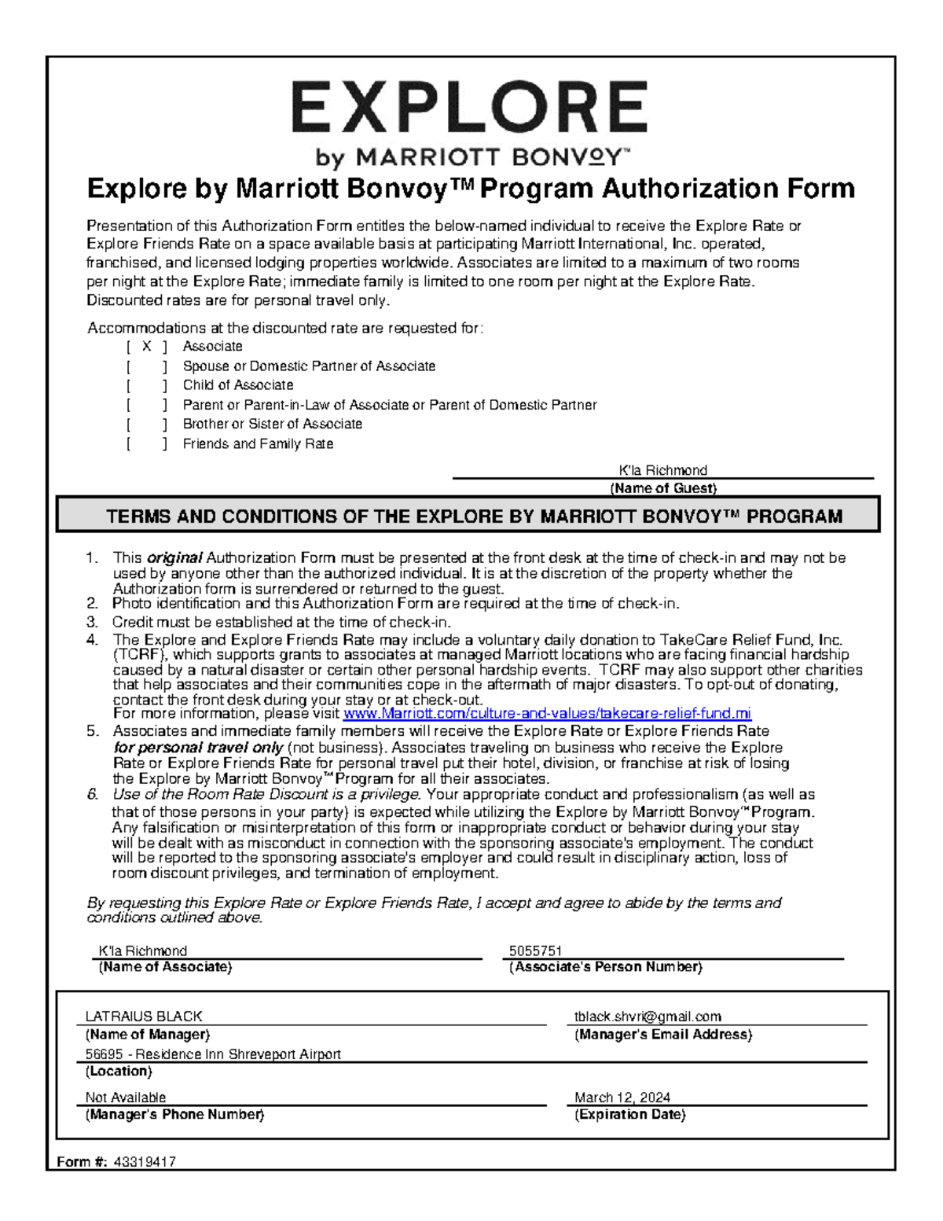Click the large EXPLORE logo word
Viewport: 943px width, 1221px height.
(469, 108)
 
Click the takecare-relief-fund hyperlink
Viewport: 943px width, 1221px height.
(547, 714)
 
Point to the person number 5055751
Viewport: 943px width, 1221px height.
(535, 951)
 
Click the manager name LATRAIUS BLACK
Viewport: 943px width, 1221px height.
(144, 1016)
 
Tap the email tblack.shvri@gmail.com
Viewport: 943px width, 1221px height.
(648, 1017)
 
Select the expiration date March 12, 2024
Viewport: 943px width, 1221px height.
(622, 1098)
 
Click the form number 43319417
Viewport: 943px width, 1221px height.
(145, 1161)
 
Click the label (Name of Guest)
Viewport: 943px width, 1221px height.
(663, 488)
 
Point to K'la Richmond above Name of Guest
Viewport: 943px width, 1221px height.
(662, 470)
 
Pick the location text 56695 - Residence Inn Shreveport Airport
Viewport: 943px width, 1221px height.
(213, 1054)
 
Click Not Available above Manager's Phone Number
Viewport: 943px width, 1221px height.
(126, 1098)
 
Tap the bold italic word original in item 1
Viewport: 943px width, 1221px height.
(174, 558)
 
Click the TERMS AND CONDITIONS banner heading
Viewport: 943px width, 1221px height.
(474, 517)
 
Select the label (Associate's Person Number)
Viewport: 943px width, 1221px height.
(605, 967)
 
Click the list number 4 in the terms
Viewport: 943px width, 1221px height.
(93, 640)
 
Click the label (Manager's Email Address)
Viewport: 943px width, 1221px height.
(662, 1035)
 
